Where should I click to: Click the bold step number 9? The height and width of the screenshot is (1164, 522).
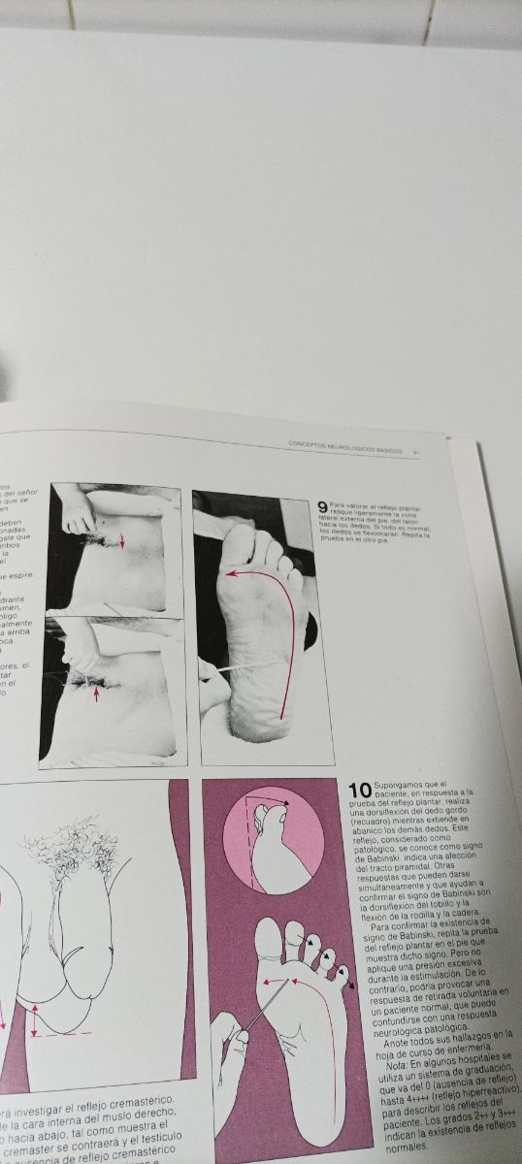point(322,506)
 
